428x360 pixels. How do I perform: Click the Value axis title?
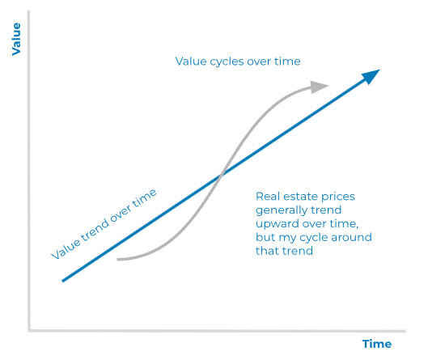point(16,39)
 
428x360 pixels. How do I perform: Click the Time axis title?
point(377,344)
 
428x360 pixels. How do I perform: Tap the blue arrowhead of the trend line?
point(371,76)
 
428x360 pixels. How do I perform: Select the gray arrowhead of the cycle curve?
point(319,87)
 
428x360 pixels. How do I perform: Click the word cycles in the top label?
point(227,62)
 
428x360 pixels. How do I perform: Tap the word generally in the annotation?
point(281,210)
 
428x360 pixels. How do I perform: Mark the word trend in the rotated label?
point(95,231)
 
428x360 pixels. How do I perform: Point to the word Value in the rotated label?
point(66,250)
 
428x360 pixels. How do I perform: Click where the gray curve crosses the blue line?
point(221,175)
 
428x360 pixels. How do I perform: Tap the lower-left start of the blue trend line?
point(63,281)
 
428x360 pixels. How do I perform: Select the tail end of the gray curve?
point(117,260)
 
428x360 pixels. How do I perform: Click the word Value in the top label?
point(191,61)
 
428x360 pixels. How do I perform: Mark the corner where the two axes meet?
point(29,331)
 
